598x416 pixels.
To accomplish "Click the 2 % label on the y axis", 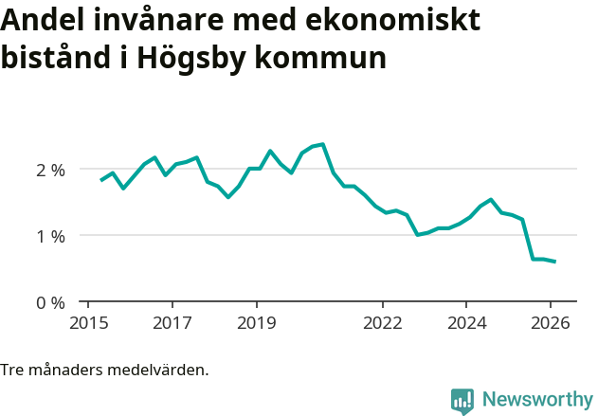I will (50, 170).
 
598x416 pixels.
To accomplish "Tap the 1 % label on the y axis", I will (50, 236).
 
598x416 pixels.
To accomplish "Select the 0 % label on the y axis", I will (50, 302).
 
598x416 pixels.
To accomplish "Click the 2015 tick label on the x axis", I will (87, 322).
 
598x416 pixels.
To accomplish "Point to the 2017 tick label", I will (172, 322).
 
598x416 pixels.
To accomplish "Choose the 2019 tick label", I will (257, 322).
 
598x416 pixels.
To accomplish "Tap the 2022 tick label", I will (382, 322).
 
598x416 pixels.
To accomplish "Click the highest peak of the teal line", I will (323, 144).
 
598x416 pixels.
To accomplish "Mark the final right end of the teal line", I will (554, 262).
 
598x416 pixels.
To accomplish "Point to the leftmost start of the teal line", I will (101, 180).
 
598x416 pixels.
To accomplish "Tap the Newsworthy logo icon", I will (462, 401).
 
